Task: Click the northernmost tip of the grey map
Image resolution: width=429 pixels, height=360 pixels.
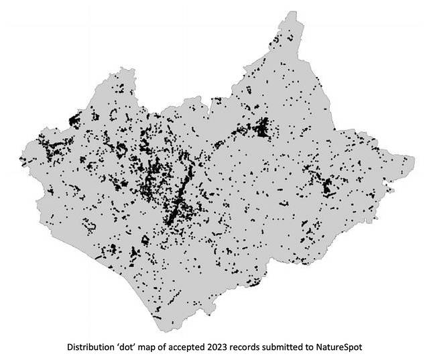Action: coord(290,11)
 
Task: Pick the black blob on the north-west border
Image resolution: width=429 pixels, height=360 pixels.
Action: coord(73,121)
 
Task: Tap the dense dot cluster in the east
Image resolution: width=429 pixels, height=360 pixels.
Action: coord(328,186)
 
